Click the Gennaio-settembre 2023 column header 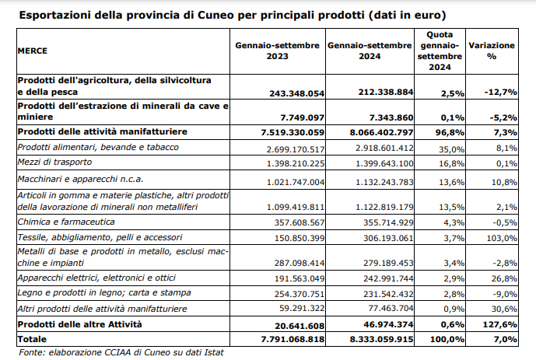(x=277, y=51)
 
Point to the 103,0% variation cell (x=500, y=237)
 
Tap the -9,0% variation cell (x=503, y=294)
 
